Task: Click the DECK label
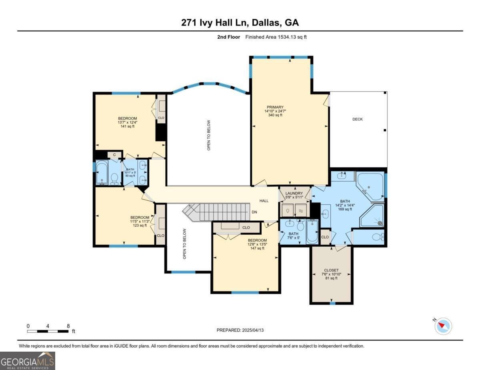358,119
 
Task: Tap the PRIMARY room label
275,107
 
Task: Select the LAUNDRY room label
294,194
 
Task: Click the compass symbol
443,326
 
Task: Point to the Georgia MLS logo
28,360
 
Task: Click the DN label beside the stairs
254,212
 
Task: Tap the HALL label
264,201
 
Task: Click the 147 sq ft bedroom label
257,244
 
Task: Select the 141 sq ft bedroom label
127,122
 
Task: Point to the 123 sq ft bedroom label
140,221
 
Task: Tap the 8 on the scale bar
68,326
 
